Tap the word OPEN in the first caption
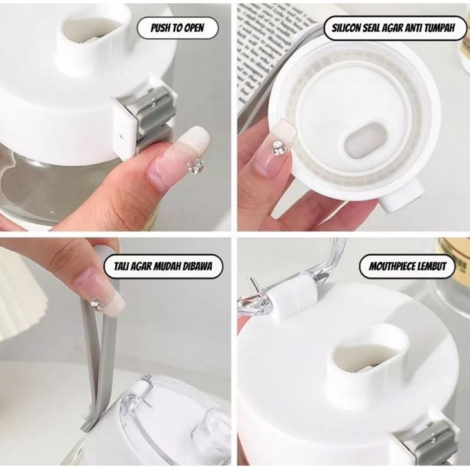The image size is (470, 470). [x=194, y=28]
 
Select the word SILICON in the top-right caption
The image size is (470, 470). [x=346, y=28]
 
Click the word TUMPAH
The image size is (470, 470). [x=441, y=28]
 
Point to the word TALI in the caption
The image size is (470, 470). [x=121, y=266]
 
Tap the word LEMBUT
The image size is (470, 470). [x=432, y=266]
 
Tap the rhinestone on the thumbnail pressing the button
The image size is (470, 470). [x=196, y=166]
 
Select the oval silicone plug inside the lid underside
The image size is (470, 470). [x=364, y=140]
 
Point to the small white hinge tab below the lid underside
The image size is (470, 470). [x=402, y=196]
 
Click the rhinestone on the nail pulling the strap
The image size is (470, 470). [x=97, y=304]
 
